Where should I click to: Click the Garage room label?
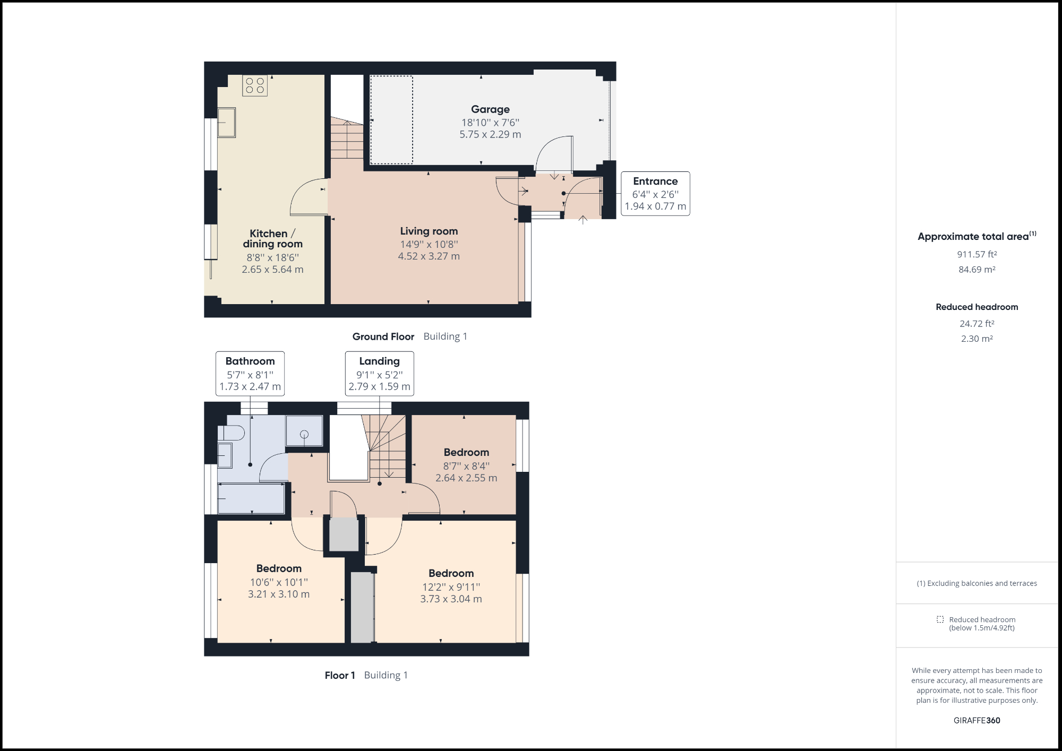[490, 109]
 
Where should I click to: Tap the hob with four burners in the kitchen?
[255, 85]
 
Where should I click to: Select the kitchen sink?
[227, 123]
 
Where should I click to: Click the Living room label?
[429, 231]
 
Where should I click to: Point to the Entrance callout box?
[655, 194]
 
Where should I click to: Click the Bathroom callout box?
[250, 374]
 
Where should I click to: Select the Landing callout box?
[379, 374]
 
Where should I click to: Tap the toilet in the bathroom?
[232, 434]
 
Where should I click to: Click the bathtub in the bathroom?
[251, 498]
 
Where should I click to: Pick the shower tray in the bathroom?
[304, 430]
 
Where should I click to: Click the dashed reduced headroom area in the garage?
[391, 120]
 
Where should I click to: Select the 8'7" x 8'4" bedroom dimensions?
[466, 466]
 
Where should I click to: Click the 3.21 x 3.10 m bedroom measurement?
[279, 594]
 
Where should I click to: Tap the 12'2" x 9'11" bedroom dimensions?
[451, 587]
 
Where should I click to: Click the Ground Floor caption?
[383, 336]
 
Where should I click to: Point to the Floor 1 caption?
[340, 675]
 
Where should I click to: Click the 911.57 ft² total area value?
[977, 255]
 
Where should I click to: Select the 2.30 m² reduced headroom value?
[977, 339]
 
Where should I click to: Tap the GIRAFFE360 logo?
[977, 720]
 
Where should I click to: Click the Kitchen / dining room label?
[272, 239]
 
